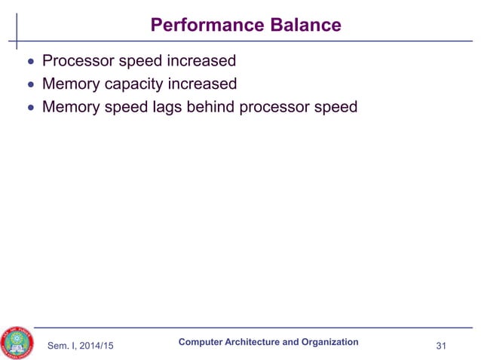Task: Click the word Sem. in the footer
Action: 60,346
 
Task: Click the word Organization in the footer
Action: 324,342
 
